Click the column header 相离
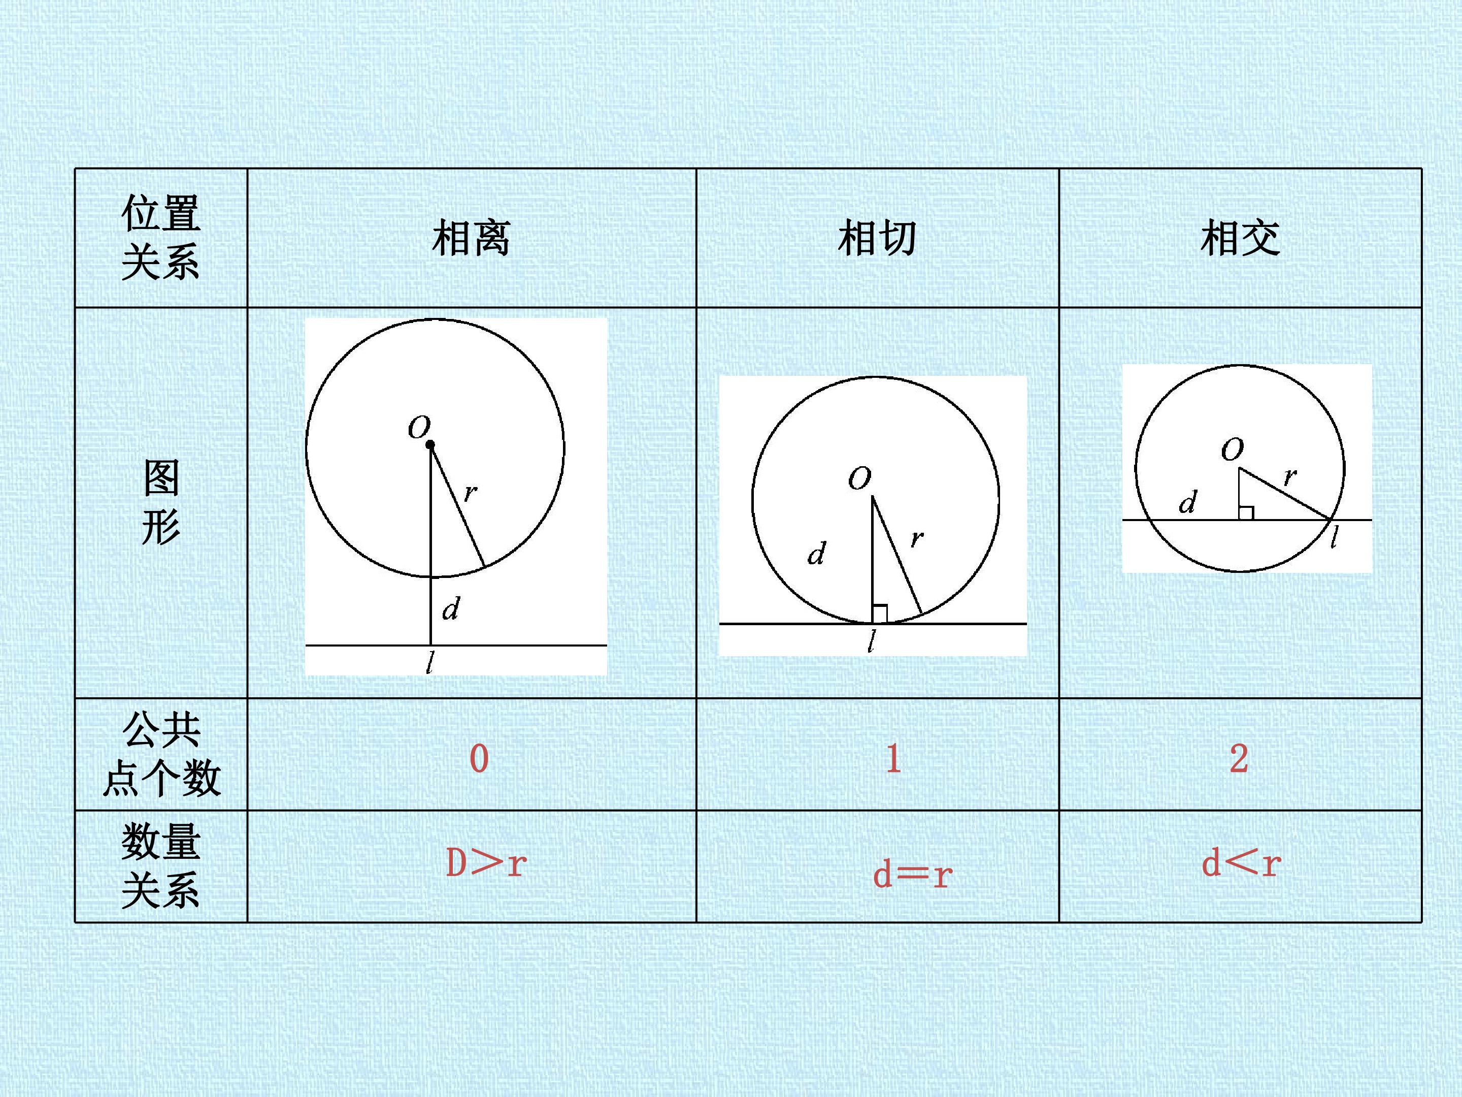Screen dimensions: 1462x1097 pyautogui.click(x=471, y=238)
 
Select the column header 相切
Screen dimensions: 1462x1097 pyautogui.click(x=877, y=238)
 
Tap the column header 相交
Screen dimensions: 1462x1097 pyautogui.click(x=1240, y=238)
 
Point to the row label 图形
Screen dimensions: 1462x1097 pyautogui.click(x=160, y=503)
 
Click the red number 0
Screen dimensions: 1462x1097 pyautogui.click(x=479, y=758)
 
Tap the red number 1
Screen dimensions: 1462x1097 pyautogui.click(x=893, y=758)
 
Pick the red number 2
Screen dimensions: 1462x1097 pyautogui.click(x=1239, y=758)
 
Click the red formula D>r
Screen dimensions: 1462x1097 pyautogui.click(x=486, y=863)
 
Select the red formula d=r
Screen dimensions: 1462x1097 pyautogui.click(x=913, y=874)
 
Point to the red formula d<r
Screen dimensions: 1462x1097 pyautogui.click(x=1241, y=863)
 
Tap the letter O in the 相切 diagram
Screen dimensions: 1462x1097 pyautogui.click(x=860, y=478)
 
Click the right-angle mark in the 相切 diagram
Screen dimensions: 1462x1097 pyautogui.click(x=880, y=614)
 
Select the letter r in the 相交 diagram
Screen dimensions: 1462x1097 pyautogui.click(x=1290, y=476)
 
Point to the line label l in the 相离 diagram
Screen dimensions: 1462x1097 pyautogui.click(x=430, y=663)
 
